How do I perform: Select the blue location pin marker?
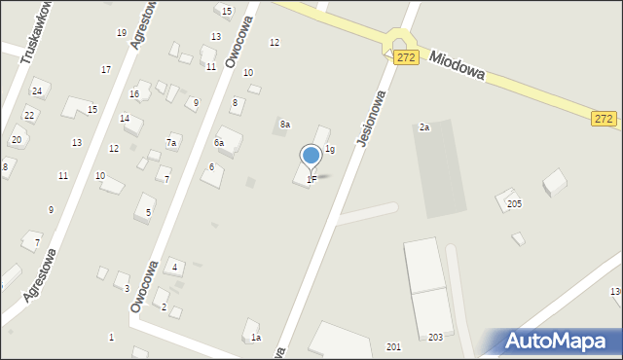(x=311, y=156)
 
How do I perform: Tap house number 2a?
(x=424, y=127)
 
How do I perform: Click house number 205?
(x=514, y=203)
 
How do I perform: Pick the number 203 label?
(x=435, y=337)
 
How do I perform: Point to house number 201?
(x=393, y=346)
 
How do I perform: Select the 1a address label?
(x=256, y=338)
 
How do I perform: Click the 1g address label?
(x=330, y=149)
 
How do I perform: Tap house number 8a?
(x=285, y=125)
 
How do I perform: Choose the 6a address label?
(x=220, y=143)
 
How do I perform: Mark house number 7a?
(x=171, y=143)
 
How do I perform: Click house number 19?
(x=121, y=33)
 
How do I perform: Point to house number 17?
(x=105, y=69)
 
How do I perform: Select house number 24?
(x=37, y=91)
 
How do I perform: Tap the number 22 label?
(x=29, y=115)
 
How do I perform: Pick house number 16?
(x=134, y=94)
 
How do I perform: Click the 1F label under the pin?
(x=311, y=179)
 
